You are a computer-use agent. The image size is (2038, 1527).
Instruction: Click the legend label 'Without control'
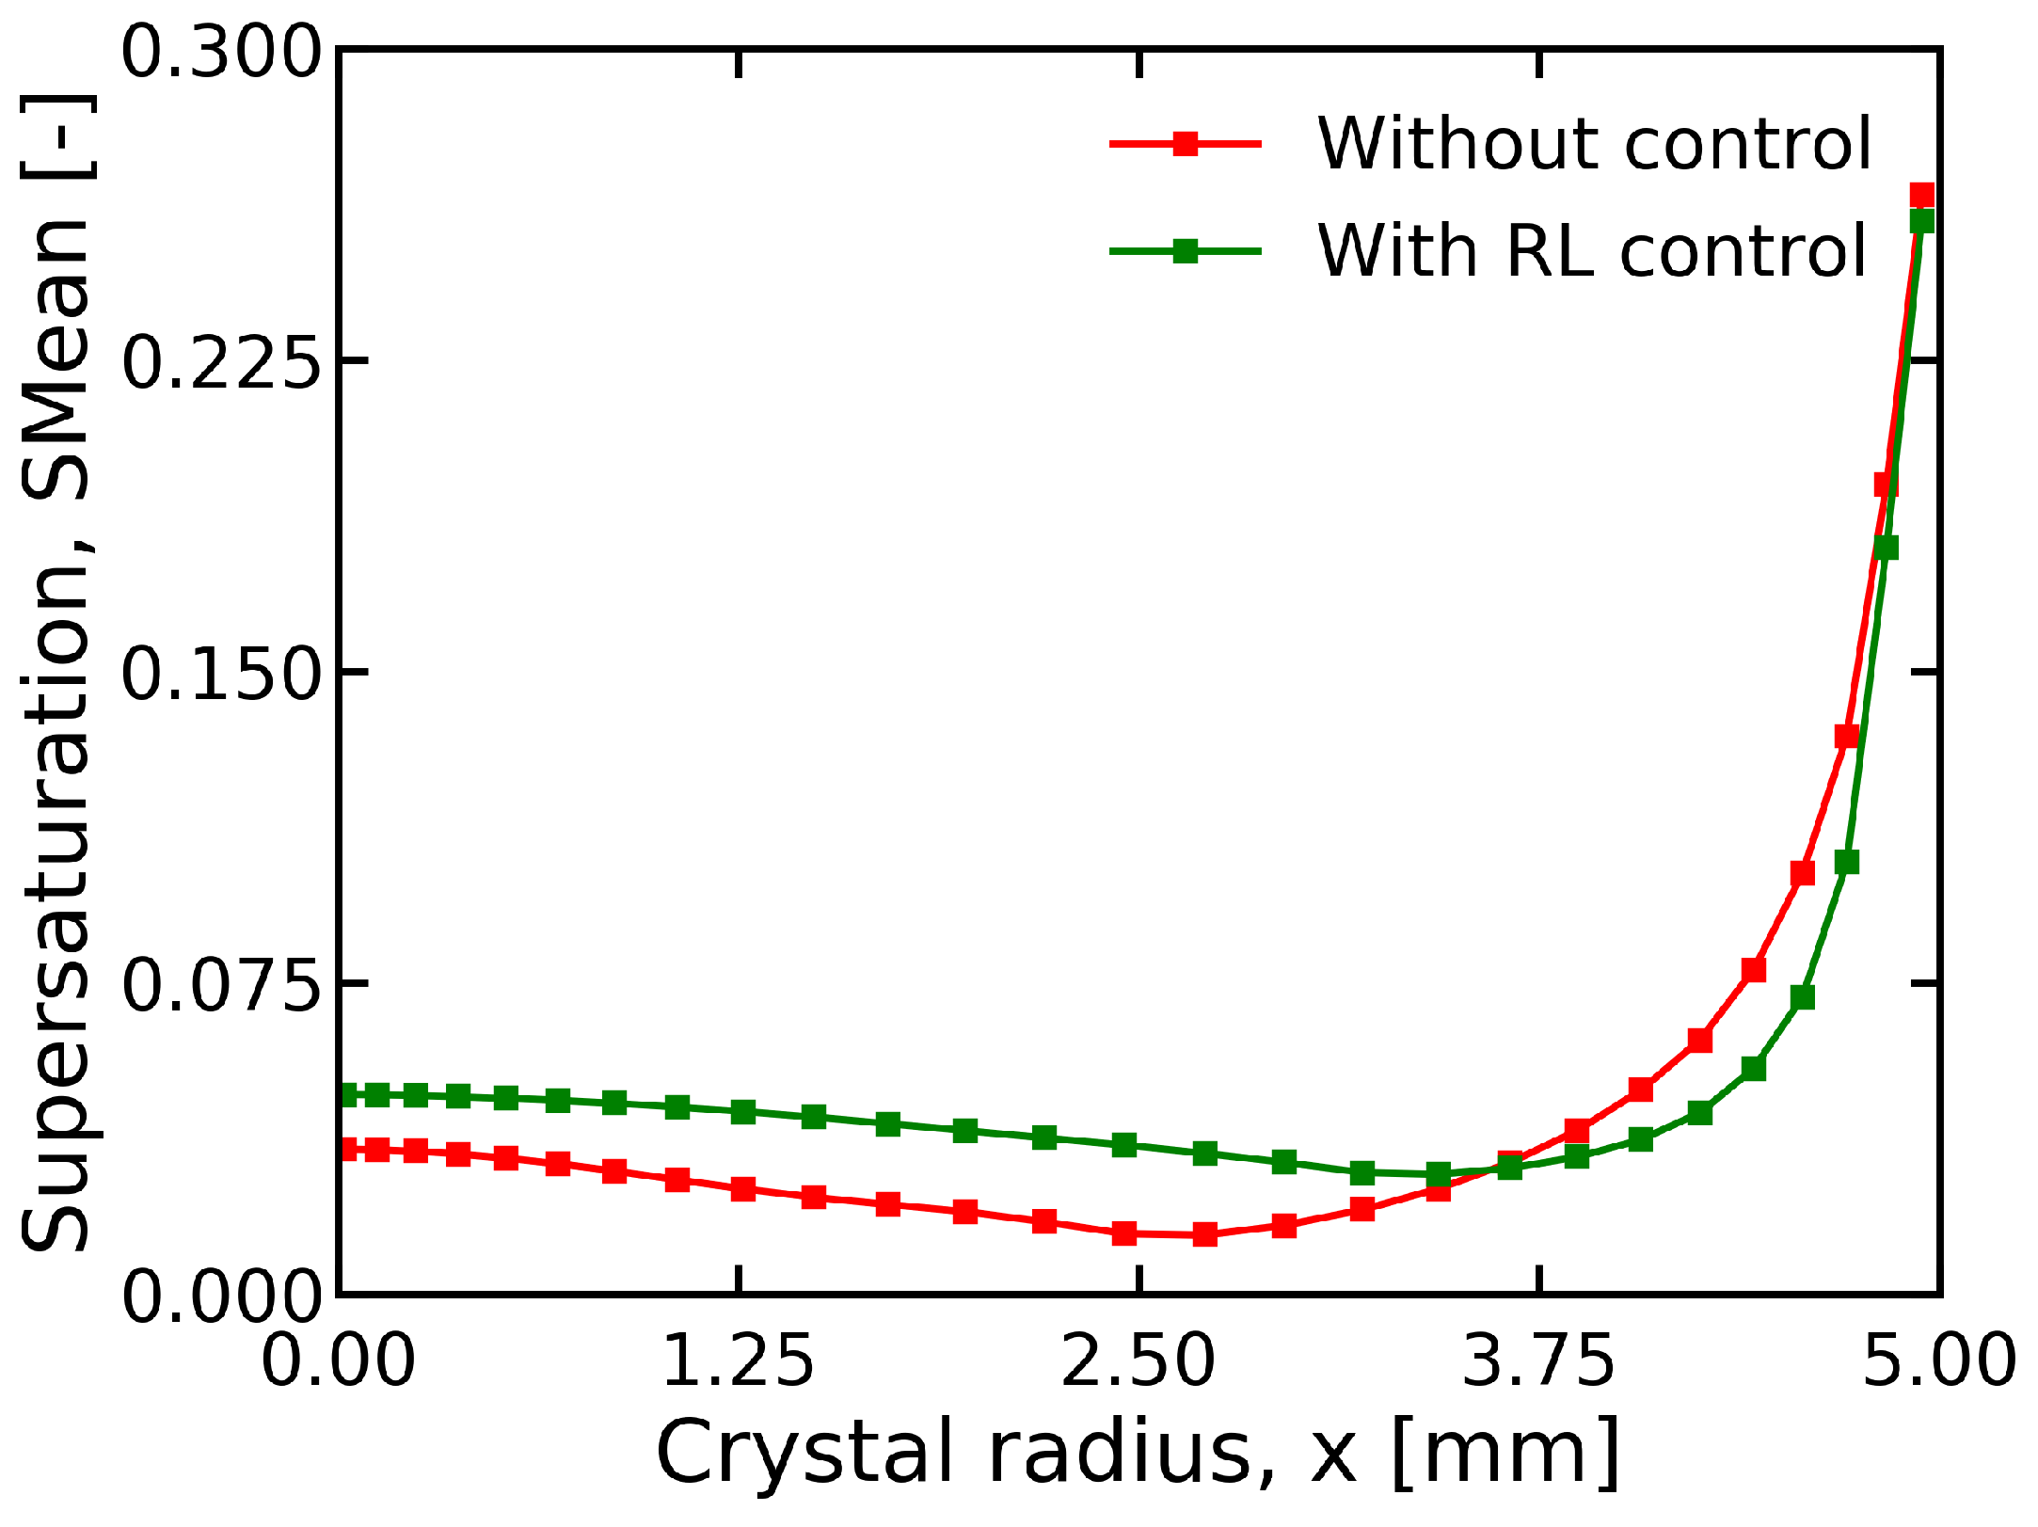[x=1594, y=144]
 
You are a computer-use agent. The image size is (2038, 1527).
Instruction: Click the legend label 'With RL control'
[x=1590, y=251]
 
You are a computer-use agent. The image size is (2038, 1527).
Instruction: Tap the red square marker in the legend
[x=1186, y=144]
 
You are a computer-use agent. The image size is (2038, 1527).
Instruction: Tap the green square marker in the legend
[x=1186, y=251]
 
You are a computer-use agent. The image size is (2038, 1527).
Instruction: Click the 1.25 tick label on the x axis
[x=739, y=1360]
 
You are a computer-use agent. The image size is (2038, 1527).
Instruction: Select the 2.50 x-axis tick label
[x=1138, y=1360]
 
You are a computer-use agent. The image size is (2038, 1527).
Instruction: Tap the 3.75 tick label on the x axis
[x=1539, y=1360]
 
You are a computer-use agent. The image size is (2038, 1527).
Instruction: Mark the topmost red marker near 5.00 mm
[x=1921, y=196]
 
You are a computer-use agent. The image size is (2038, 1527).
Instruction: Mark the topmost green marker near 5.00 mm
[x=1921, y=221]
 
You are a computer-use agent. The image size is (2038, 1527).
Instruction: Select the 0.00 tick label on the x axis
[x=338, y=1360]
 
